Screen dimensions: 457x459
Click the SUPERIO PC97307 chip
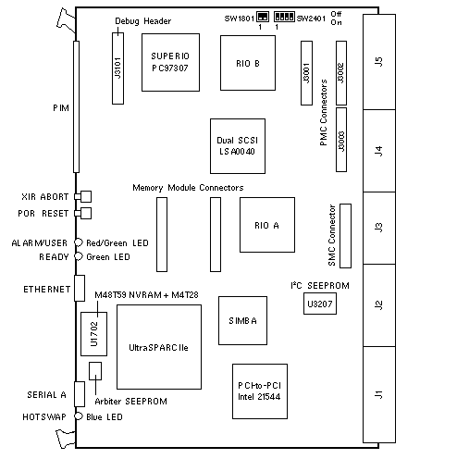(170, 62)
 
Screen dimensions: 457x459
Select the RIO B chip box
(248, 63)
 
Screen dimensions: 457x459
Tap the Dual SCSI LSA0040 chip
(238, 146)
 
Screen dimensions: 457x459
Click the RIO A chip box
(267, 225)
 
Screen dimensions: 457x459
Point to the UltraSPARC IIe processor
(159, 347)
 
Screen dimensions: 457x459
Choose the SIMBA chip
(242, 320)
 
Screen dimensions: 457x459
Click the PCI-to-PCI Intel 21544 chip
(260, 391)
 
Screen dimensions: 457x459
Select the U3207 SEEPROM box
(320, 304)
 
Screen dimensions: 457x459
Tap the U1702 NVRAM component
(94, 334)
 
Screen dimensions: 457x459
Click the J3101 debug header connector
(117, 68)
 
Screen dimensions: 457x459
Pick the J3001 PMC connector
(306, 73)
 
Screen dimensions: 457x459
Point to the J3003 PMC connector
(341, 140)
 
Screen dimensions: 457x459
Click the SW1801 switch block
(263, 17)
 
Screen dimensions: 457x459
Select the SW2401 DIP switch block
(284, 17)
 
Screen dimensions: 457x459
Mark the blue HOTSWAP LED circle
(79, 416)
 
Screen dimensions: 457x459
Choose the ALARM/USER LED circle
(79, 242)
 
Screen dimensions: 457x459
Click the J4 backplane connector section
(379, 151)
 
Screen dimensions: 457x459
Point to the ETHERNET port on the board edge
(80, 288)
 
